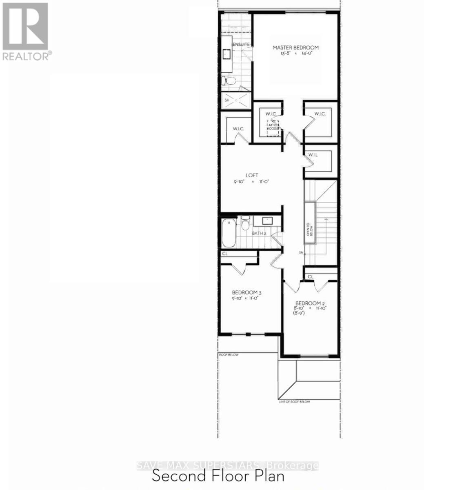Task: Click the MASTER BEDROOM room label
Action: coord(295,47)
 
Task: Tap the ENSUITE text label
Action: coord(241,44)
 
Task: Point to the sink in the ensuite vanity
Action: coord(226,53)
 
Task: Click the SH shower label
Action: coord(227,100)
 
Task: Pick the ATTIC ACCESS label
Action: coord(273,127)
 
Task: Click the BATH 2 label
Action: coord(259,233)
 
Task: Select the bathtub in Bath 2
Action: coord(229,233)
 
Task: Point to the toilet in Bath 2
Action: coord(245,224)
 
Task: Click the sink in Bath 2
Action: coord(267,220)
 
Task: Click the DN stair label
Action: coord(301,253)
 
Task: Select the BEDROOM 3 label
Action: coord(246,292)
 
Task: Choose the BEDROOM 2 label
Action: coord(310,303)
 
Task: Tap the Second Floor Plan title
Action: coord(218,476)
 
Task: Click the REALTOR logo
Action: coord(27,32)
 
